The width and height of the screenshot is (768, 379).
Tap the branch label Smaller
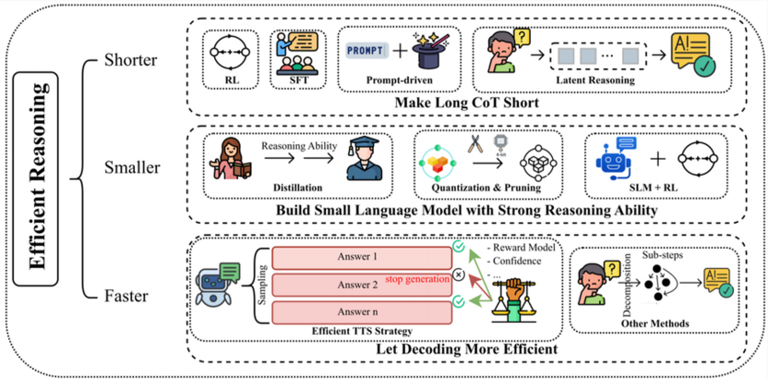[132, 169]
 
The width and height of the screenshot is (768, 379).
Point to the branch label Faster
[128, 296]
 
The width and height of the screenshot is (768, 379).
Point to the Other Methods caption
[656, 324]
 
